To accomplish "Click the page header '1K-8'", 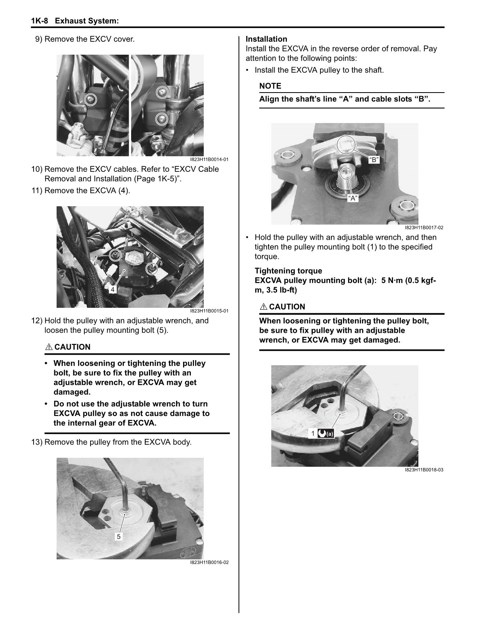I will pyautogui.click(x=39, y=21).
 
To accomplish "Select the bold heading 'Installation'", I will pyautogui.click(x=266, y=39).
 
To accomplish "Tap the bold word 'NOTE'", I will pyautogui.click(x=270, y=86).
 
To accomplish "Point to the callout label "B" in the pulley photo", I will pyautogui.click(x=374, y=159).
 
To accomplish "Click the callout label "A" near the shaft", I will pyautogui.click(x=353, y=198).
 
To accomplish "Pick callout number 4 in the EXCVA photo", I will pyautogui.click(x=112, y=289).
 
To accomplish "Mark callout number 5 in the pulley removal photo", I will pyautogui.click(x=119, y=536).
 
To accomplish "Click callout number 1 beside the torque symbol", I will pyautogui.click(x=313, y=433).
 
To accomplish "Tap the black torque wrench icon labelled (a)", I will pyautogui.click(x=326, y=433).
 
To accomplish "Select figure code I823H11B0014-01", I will pyautogui.click(x=209, y=159).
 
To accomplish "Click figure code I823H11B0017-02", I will pyautogui.click(x=424, y=228).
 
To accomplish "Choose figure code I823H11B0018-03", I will pyautogui.click(x=424, y=470).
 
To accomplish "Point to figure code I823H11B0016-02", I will pyautogui.click(x=209, y=562).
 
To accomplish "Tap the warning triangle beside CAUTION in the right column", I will pyautogui.click(x=263, y=307).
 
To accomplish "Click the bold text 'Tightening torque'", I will pyautogui.click(x=288, y=271).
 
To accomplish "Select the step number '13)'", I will pyautogui.click(x=37, y=443).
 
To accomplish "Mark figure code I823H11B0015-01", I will pyautogui.click(x=209, y=311).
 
